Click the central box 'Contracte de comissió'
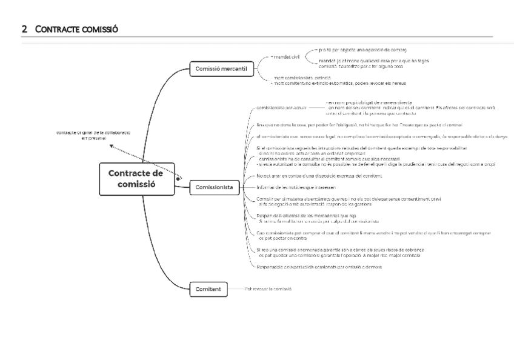click(136, 179)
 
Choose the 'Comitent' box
click(209, 289)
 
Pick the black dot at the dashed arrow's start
click(178, 178)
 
